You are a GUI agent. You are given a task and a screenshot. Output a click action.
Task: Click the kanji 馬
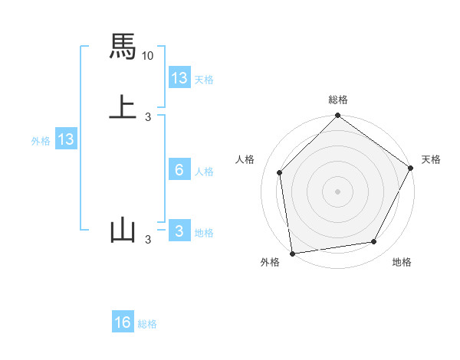123,47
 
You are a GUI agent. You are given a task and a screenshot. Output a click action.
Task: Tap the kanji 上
123,106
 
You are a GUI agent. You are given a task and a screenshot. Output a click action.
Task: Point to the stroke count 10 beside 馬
148,56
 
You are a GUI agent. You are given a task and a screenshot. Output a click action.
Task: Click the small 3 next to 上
148,116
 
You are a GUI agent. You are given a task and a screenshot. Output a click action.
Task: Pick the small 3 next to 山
148,240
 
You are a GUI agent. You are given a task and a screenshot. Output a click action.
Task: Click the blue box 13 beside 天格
179,78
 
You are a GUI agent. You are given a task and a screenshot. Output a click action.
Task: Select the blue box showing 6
179,170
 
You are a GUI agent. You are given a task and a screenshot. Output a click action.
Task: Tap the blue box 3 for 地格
179,231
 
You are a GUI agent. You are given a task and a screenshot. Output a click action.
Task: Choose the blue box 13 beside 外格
66,139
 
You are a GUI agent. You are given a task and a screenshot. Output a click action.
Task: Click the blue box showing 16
123,322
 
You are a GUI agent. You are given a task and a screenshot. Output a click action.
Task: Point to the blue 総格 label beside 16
147,324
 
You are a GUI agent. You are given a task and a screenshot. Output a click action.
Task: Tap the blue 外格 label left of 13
41,141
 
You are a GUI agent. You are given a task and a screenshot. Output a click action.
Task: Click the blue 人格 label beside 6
205,172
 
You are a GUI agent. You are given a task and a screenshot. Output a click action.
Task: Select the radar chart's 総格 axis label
338,100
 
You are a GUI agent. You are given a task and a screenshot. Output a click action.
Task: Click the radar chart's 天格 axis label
431,159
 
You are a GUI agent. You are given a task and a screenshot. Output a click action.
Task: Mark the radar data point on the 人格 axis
280,172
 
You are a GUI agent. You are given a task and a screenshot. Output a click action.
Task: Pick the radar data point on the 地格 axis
374,241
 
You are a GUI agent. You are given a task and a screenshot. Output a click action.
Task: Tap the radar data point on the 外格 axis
292,253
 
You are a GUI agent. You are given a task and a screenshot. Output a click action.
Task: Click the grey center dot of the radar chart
338,191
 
